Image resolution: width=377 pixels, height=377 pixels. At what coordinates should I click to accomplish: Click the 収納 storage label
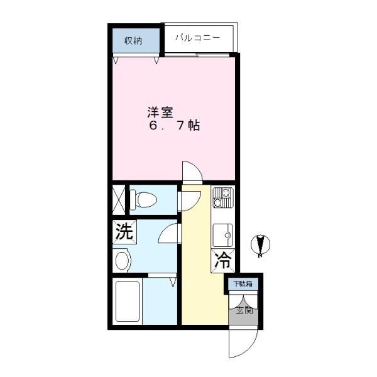tap(133, 41)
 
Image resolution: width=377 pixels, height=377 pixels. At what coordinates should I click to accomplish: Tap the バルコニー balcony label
tap(198, 38)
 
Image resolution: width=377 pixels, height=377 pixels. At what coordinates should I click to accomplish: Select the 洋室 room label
tap(160, 112)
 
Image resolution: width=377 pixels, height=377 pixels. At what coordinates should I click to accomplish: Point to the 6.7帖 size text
tap(175, 125)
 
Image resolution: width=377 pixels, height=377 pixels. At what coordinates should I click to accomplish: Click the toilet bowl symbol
tap(143, 199)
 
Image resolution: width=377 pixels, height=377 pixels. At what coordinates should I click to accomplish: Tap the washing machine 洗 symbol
tap(124, 232)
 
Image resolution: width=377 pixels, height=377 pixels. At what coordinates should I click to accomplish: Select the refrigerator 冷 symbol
tap(223, 261)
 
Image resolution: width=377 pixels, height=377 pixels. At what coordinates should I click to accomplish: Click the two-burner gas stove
tap(223, 198)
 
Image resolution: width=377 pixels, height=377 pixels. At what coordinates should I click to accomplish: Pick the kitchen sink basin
tap(223, 236)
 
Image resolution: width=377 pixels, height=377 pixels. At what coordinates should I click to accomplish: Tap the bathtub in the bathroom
tap(128, 301)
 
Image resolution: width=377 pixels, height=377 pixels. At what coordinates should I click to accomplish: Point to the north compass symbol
tap(260, 245)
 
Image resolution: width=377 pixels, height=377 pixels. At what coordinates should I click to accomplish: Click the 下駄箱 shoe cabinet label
tap(243, 284)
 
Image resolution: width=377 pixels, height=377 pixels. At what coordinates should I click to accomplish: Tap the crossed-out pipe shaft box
tap(119, 200)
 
